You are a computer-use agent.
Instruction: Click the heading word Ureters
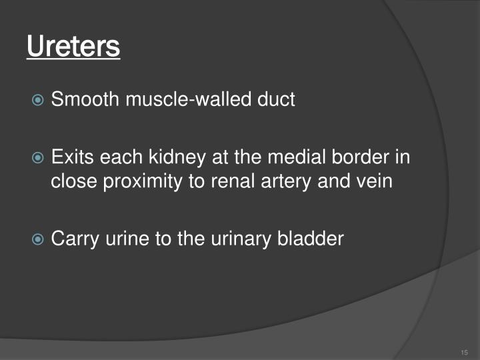pos(73,47)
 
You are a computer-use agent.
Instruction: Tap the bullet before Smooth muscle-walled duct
pos(39,101)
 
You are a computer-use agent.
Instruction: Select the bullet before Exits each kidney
pos(39,158)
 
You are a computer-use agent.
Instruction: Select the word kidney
pos(169,158)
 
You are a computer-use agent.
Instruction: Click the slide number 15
pos(465,353)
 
